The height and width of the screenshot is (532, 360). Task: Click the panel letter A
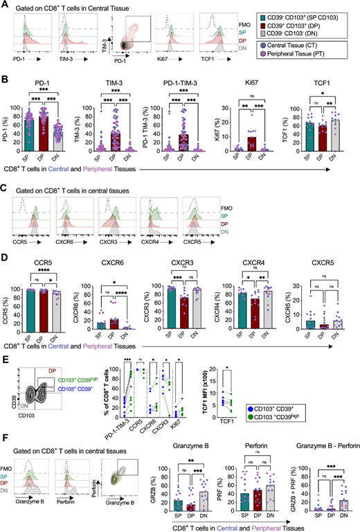coord(5,6)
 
